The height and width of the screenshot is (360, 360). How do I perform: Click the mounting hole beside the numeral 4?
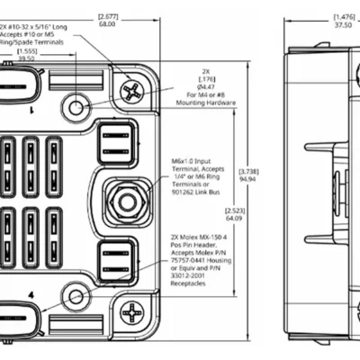tap(76, 295)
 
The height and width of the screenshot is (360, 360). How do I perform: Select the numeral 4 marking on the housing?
tap(31, 294)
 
